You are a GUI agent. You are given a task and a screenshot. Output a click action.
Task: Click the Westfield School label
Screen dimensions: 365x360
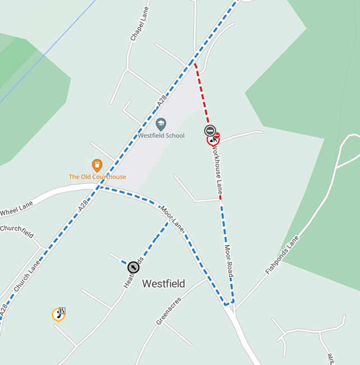pos(161,135)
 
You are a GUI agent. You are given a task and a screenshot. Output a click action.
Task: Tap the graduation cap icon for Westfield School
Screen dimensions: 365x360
pos(161,124)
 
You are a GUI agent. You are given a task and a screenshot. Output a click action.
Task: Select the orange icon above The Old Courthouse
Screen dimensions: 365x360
pos(97,165)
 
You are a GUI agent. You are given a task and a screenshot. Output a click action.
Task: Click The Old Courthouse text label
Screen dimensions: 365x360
pos(97,177)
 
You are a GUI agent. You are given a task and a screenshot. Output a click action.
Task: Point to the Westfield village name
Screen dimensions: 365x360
pos(163,284)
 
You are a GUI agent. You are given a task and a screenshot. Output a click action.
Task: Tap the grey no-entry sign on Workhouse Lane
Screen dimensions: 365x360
pos(210,131)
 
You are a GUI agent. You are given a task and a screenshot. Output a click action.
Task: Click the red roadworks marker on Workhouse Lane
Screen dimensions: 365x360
pos(213,139)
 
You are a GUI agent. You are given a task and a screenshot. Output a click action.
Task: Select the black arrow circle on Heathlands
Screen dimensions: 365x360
pos(133,267)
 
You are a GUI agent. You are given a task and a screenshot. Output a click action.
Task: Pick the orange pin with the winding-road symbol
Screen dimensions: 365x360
pos(58,314)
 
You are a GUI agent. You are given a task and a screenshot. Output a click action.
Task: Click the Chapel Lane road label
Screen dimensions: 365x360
pos(138,28)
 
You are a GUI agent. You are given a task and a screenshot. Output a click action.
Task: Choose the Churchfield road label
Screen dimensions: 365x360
pos(17,231)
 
